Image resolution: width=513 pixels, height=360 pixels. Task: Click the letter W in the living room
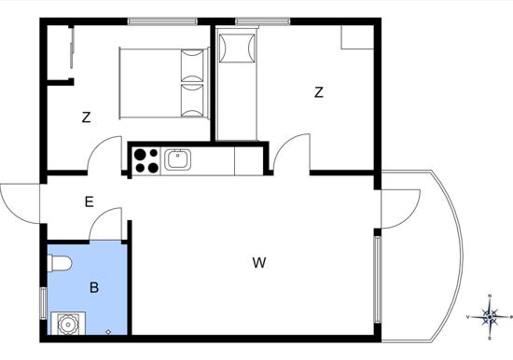coord(259,263)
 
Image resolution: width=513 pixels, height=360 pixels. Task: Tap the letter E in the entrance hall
coord(89,202)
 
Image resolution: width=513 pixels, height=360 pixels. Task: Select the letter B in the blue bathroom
coord(94,287)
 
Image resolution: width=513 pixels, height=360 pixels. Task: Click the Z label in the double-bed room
coord(86,118)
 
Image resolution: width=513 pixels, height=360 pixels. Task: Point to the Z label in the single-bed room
coord(319,92)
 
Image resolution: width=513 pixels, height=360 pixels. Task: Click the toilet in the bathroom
coord(59,263)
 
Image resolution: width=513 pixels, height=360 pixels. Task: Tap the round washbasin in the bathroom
coord(68,324)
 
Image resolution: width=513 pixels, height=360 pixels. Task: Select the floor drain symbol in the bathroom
coord(108,332)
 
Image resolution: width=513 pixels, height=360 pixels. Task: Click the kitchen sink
coord(177,159)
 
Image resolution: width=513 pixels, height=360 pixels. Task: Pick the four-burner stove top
coord(146,160)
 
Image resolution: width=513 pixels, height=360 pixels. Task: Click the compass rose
coord(489,317)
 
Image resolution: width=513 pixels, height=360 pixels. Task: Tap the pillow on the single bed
coord(238,48)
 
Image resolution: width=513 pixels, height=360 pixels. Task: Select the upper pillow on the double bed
coord(192,65)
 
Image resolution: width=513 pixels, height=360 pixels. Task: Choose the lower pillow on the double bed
coord(192,101)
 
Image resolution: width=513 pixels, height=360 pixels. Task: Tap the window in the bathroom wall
coord(43,303)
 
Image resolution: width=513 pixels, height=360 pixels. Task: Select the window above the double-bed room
coord(162,21)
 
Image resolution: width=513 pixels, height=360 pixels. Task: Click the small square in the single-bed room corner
coord(357,37)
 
